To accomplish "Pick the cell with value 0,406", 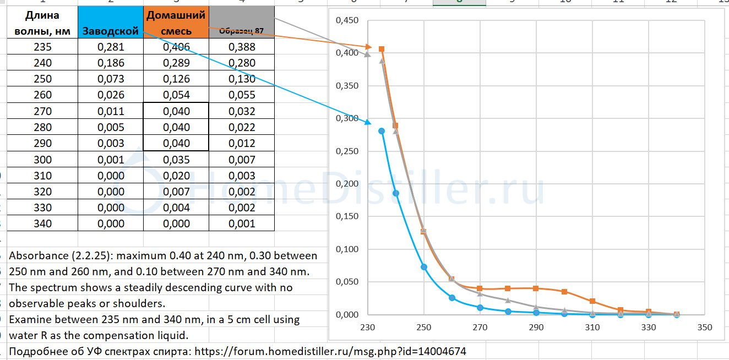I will click(x=176, y=47).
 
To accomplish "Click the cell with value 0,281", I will click(x=111, y=47).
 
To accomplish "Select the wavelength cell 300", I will click(x=42, y=160).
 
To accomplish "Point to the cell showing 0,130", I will click(x=242, y=79).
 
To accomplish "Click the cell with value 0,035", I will click(x=176, y=160).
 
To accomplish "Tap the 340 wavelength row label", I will click(x=42, y=223).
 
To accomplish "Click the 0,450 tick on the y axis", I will click(x=347, y=20).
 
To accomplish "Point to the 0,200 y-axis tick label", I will click(x=347, y=184).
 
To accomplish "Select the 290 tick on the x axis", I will click(x=536, y=328).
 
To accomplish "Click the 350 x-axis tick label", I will click(x=704, y=328).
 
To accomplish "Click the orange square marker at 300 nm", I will click(x=564, y=292).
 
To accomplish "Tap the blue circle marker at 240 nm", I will click(x=396, y=193).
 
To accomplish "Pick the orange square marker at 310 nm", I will click(x=592, y=301).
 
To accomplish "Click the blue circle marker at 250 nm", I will click(x=424, y=267).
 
